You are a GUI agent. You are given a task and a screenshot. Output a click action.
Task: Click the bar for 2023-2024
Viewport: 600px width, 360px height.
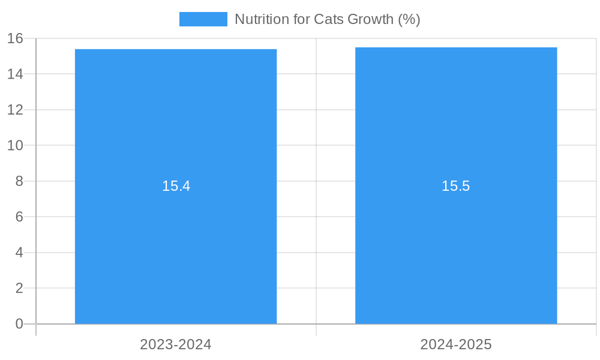point(176,252)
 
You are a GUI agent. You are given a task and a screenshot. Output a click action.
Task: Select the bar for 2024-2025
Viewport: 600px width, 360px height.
point(456,252)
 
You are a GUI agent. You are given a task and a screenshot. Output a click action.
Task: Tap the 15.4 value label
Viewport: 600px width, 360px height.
point(176,186)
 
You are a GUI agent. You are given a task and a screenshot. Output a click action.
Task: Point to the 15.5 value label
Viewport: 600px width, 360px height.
point(456,186)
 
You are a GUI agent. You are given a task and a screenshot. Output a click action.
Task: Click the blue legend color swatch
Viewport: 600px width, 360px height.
point(203,19)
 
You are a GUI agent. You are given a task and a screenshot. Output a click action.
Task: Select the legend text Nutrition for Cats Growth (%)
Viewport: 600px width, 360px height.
point(327,19)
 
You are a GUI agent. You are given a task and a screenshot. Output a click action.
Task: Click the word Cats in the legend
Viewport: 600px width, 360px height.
point(328,19)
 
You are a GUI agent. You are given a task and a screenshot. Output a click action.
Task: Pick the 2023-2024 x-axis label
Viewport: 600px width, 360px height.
point(176,344)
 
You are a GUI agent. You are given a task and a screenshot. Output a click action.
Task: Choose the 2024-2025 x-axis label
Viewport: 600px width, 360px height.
point(456,344)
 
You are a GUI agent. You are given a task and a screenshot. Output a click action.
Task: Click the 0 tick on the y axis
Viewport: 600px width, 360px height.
point(19,324)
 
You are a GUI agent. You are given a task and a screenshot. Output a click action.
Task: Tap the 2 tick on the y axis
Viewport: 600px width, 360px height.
point(19,288)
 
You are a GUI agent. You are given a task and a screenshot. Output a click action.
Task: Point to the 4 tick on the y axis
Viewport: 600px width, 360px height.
point(19,253)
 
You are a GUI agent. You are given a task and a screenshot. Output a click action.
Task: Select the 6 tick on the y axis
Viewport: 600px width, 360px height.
point(19,217)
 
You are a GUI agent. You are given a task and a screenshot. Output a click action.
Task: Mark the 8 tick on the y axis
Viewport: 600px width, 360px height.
point(19,181)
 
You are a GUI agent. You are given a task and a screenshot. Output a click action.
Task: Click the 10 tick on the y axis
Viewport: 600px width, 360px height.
point(16,145)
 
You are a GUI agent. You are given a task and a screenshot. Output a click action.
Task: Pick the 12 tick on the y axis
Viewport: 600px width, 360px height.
point(16,110)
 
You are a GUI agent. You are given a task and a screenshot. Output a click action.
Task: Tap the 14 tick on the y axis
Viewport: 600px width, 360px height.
point(16,74)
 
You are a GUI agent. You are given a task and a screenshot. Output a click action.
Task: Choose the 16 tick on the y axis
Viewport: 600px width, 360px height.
point(16,38)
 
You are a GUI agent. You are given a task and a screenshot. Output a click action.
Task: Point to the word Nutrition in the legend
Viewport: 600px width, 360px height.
point(259,19)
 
